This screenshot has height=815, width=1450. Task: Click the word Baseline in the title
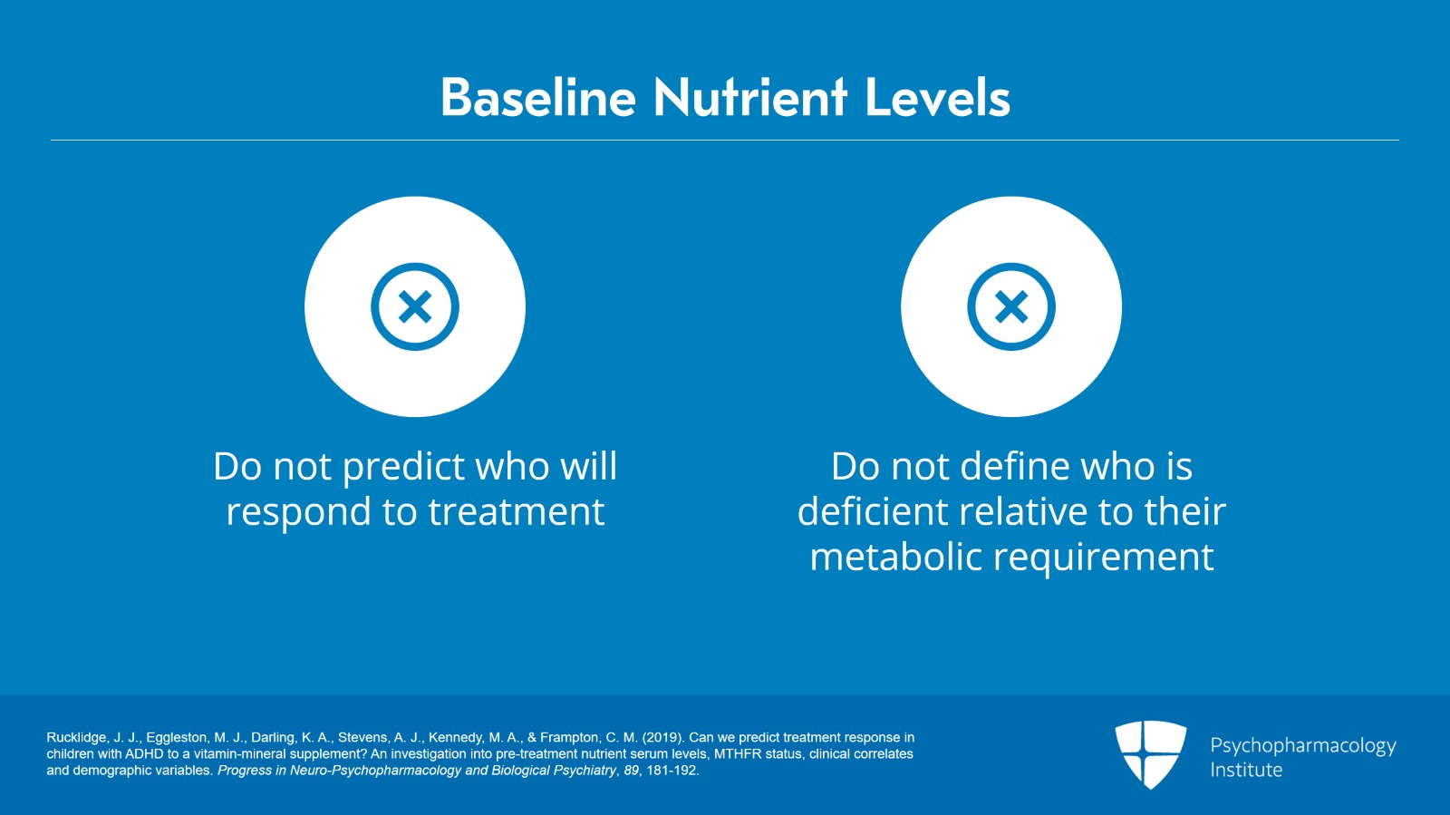537,98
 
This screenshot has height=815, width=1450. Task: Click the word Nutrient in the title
750,98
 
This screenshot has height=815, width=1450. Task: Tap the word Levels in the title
937,98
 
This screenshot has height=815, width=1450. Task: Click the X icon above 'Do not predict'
415,307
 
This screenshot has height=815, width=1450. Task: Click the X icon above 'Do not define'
1011,307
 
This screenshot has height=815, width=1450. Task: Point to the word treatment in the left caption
516,513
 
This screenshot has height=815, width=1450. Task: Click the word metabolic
894,558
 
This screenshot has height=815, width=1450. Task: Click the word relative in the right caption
1023,512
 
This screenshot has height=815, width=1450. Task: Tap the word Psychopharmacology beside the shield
1302,746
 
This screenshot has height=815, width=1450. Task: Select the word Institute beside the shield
1245,770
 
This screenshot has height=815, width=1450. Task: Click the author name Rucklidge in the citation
76,738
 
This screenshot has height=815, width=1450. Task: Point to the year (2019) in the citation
662,738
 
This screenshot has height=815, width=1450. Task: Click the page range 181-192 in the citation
672,771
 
